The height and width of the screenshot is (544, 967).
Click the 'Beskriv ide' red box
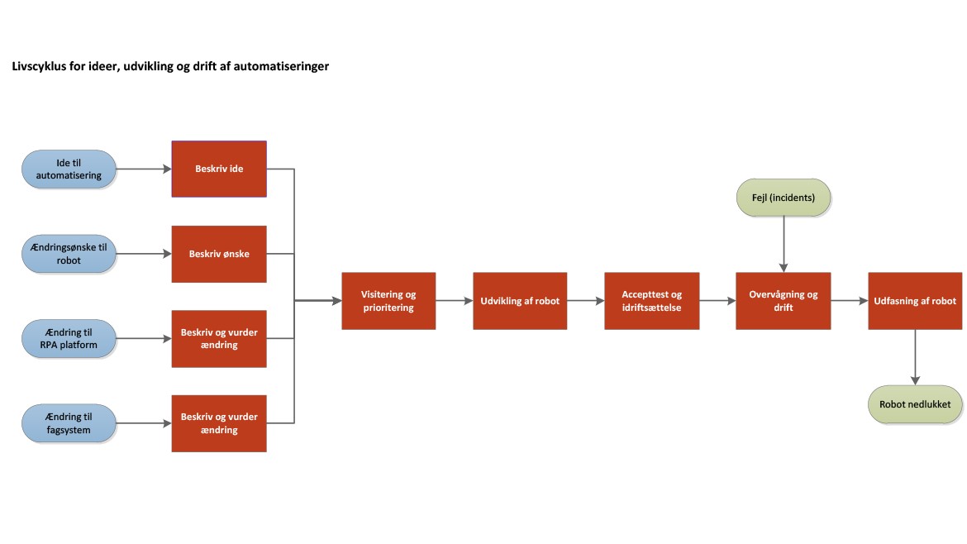tap(219, 169)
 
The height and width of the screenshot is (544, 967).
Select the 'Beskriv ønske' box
tap(219, 254)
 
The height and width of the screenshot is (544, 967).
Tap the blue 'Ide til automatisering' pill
tap(69, 169)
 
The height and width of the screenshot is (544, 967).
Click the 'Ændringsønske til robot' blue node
tap(69, 254)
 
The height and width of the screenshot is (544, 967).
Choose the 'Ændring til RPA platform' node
tap(69, 338)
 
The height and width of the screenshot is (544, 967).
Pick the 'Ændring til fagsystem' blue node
tap(69, 423)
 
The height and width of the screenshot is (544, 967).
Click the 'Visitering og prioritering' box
tap(388, 301)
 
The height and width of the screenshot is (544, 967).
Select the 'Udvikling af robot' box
tap(520, 301)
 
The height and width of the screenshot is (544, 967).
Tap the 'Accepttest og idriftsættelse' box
tap(651, 301)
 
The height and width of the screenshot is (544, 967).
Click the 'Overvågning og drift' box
tap(783, 301)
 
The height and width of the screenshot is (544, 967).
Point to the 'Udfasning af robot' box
tap(915, 301)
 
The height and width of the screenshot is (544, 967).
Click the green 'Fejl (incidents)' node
tap(783, 198)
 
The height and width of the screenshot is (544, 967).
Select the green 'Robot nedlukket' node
tap(915, 404)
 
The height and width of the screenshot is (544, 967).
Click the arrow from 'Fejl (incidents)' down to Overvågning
tap(783, 244)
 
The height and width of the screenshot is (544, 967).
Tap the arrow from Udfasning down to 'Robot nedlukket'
tap(915, 357)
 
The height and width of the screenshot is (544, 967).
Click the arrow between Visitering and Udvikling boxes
tap(454, 301)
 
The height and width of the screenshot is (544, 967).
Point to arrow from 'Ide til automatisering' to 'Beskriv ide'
tap(143, 169)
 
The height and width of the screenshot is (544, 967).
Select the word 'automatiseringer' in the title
tap(283, 66)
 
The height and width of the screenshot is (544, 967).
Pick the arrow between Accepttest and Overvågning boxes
tap(717, 301)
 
